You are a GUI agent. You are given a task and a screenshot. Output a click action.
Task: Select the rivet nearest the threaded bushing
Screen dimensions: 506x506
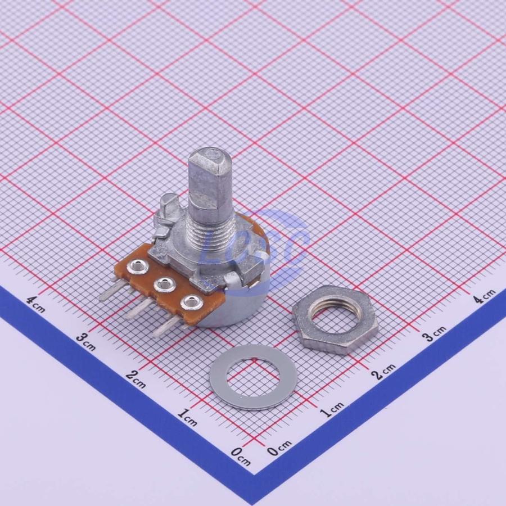point(138,267)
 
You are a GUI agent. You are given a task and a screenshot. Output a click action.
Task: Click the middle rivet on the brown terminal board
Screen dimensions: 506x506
point(165,284)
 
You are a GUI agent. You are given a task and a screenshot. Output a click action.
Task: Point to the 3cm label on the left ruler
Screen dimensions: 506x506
point(86,342)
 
